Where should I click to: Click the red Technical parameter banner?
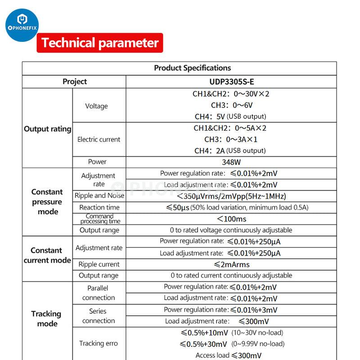click(100, 43)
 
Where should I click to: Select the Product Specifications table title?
click(192, 68)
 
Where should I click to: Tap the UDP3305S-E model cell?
click(231, 81)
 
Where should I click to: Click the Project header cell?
click(75, 81)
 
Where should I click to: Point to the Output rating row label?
click(47, 129)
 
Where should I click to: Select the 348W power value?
click(231, 162)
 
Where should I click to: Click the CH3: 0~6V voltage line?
click(231, 105)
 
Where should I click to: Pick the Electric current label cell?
click(99, 139)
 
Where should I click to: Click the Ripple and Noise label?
click(99, 196)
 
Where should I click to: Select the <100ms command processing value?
click(231, 219)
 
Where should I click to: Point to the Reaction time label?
click(99, 207)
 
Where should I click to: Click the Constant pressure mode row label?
click(47, 202)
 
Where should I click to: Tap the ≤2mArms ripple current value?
click(231, 264)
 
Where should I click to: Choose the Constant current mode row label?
click(47, 255)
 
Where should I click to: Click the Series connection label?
click(99, 315)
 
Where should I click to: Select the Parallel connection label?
click(99, 292)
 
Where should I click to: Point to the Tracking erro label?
click(99, 343)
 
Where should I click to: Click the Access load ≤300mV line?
click(229, 355)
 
